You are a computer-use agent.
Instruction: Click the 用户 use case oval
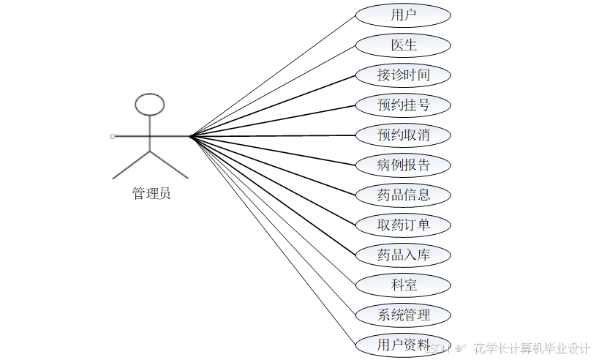pos(403,15)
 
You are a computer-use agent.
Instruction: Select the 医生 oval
pos(403,45)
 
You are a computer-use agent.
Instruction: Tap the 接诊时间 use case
pos(403,75)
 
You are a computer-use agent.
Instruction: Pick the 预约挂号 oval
pos(403,105)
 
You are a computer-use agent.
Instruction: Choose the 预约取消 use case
pos(403,135)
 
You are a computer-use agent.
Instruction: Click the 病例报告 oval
pos(403,165)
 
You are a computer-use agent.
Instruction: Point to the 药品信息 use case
pos(403,195)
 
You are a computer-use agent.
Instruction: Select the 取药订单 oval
pos(403,225)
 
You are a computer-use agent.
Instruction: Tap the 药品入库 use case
pos(403,255)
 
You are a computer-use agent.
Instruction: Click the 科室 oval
pos(403,285)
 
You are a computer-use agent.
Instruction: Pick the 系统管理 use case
pos(403,315)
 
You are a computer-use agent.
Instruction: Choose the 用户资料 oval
pos(403,344)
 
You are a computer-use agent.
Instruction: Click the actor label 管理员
pos(151,194)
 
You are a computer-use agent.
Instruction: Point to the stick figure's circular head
pos(150,104)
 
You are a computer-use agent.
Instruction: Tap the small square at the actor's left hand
pos(112,136)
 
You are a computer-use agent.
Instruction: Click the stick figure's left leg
pos(131,165)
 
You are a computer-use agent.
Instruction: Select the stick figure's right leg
pos(169,165)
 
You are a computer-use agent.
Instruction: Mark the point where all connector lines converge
pos(189,136)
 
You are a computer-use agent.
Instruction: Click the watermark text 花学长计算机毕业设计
pos(531,348)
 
